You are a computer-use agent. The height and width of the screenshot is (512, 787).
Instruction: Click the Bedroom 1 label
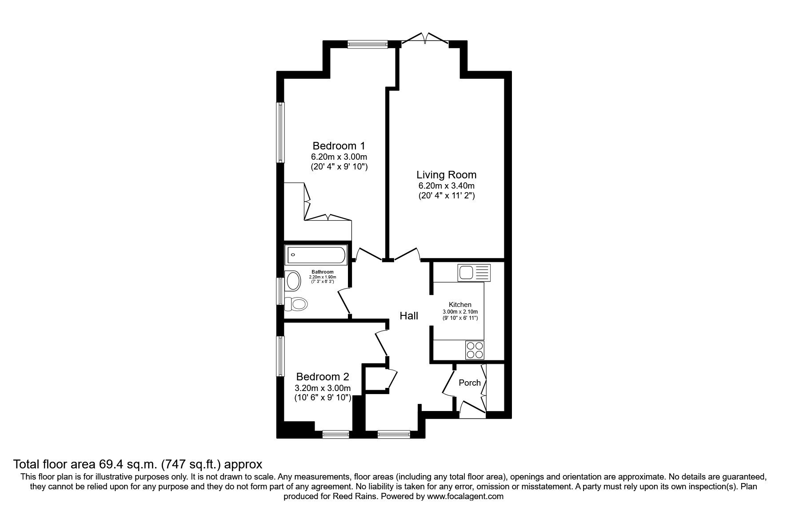pos(339,146)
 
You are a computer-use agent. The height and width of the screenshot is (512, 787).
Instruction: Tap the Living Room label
pos(446,175)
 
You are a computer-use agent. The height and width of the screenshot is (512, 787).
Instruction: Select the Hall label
pos(409,316)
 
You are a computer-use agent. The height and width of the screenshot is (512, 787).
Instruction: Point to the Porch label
pos(469,383)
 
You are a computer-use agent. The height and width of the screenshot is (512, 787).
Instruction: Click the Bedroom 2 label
pos(323,377)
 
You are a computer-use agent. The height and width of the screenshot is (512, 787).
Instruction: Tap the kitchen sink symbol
pos(473,272)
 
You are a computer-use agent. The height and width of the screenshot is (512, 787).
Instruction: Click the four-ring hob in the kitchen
pos(474,350)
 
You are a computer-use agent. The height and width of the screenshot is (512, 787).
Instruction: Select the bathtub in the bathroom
pos(316,255)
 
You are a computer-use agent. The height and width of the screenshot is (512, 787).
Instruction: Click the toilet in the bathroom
pos(296,304)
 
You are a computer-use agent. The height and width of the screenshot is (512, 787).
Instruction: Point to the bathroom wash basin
pos(293,281)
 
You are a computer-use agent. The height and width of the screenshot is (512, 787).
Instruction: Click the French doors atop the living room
pos(424,39)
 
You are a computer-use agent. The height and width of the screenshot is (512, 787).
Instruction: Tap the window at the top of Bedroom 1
pos(368,44)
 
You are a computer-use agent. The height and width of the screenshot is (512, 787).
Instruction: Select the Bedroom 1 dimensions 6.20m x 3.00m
pos(339,157)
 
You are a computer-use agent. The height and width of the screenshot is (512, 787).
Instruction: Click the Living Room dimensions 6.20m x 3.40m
pos(446,186)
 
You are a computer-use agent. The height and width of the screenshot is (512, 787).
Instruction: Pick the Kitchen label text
pos(460,305)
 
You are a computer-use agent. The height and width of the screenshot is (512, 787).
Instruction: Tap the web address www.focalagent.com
pos(465,496)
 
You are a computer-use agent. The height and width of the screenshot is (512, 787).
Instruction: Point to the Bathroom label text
pos(322,272)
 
